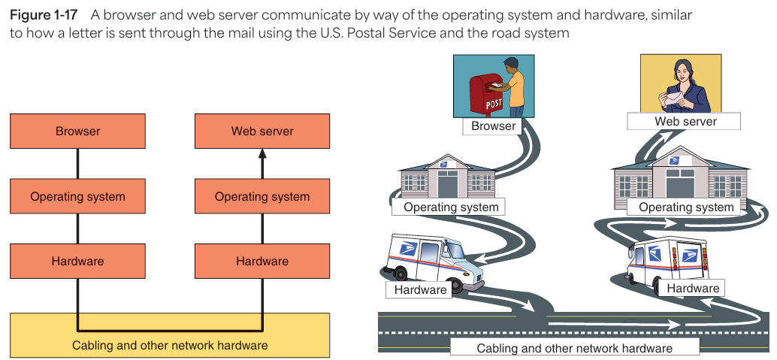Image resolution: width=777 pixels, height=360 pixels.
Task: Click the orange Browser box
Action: point(78,132)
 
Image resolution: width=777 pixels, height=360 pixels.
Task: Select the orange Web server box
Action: point(262,132)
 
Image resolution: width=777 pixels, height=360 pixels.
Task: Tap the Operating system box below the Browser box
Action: point(78,197)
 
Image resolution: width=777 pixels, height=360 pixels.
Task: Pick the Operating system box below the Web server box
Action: point(262,197)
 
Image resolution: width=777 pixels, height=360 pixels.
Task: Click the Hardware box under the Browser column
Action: point(78,262)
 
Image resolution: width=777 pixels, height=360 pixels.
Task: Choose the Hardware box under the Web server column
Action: point(262,262)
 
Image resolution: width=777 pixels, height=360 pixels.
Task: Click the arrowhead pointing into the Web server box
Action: point(262,153)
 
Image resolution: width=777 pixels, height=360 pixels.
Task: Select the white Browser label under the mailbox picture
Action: point(494,126)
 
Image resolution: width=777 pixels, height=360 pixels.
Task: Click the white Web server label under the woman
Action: point(685,121)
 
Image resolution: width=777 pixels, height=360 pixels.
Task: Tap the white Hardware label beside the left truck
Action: point(421,289)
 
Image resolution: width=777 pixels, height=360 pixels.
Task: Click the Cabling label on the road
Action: point(574,348)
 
